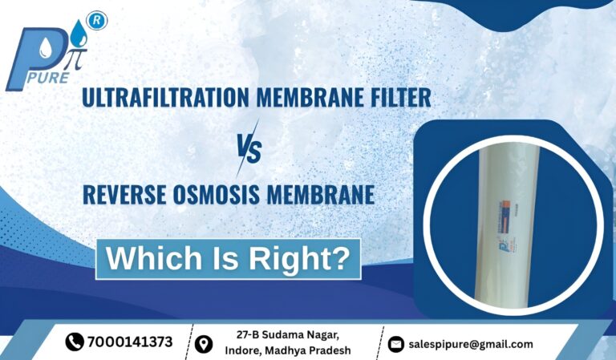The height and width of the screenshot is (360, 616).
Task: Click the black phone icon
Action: (x=75, y=342)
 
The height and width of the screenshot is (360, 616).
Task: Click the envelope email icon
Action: (x=395, y=344)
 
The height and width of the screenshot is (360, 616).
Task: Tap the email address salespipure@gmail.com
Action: (x=470, y=344)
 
